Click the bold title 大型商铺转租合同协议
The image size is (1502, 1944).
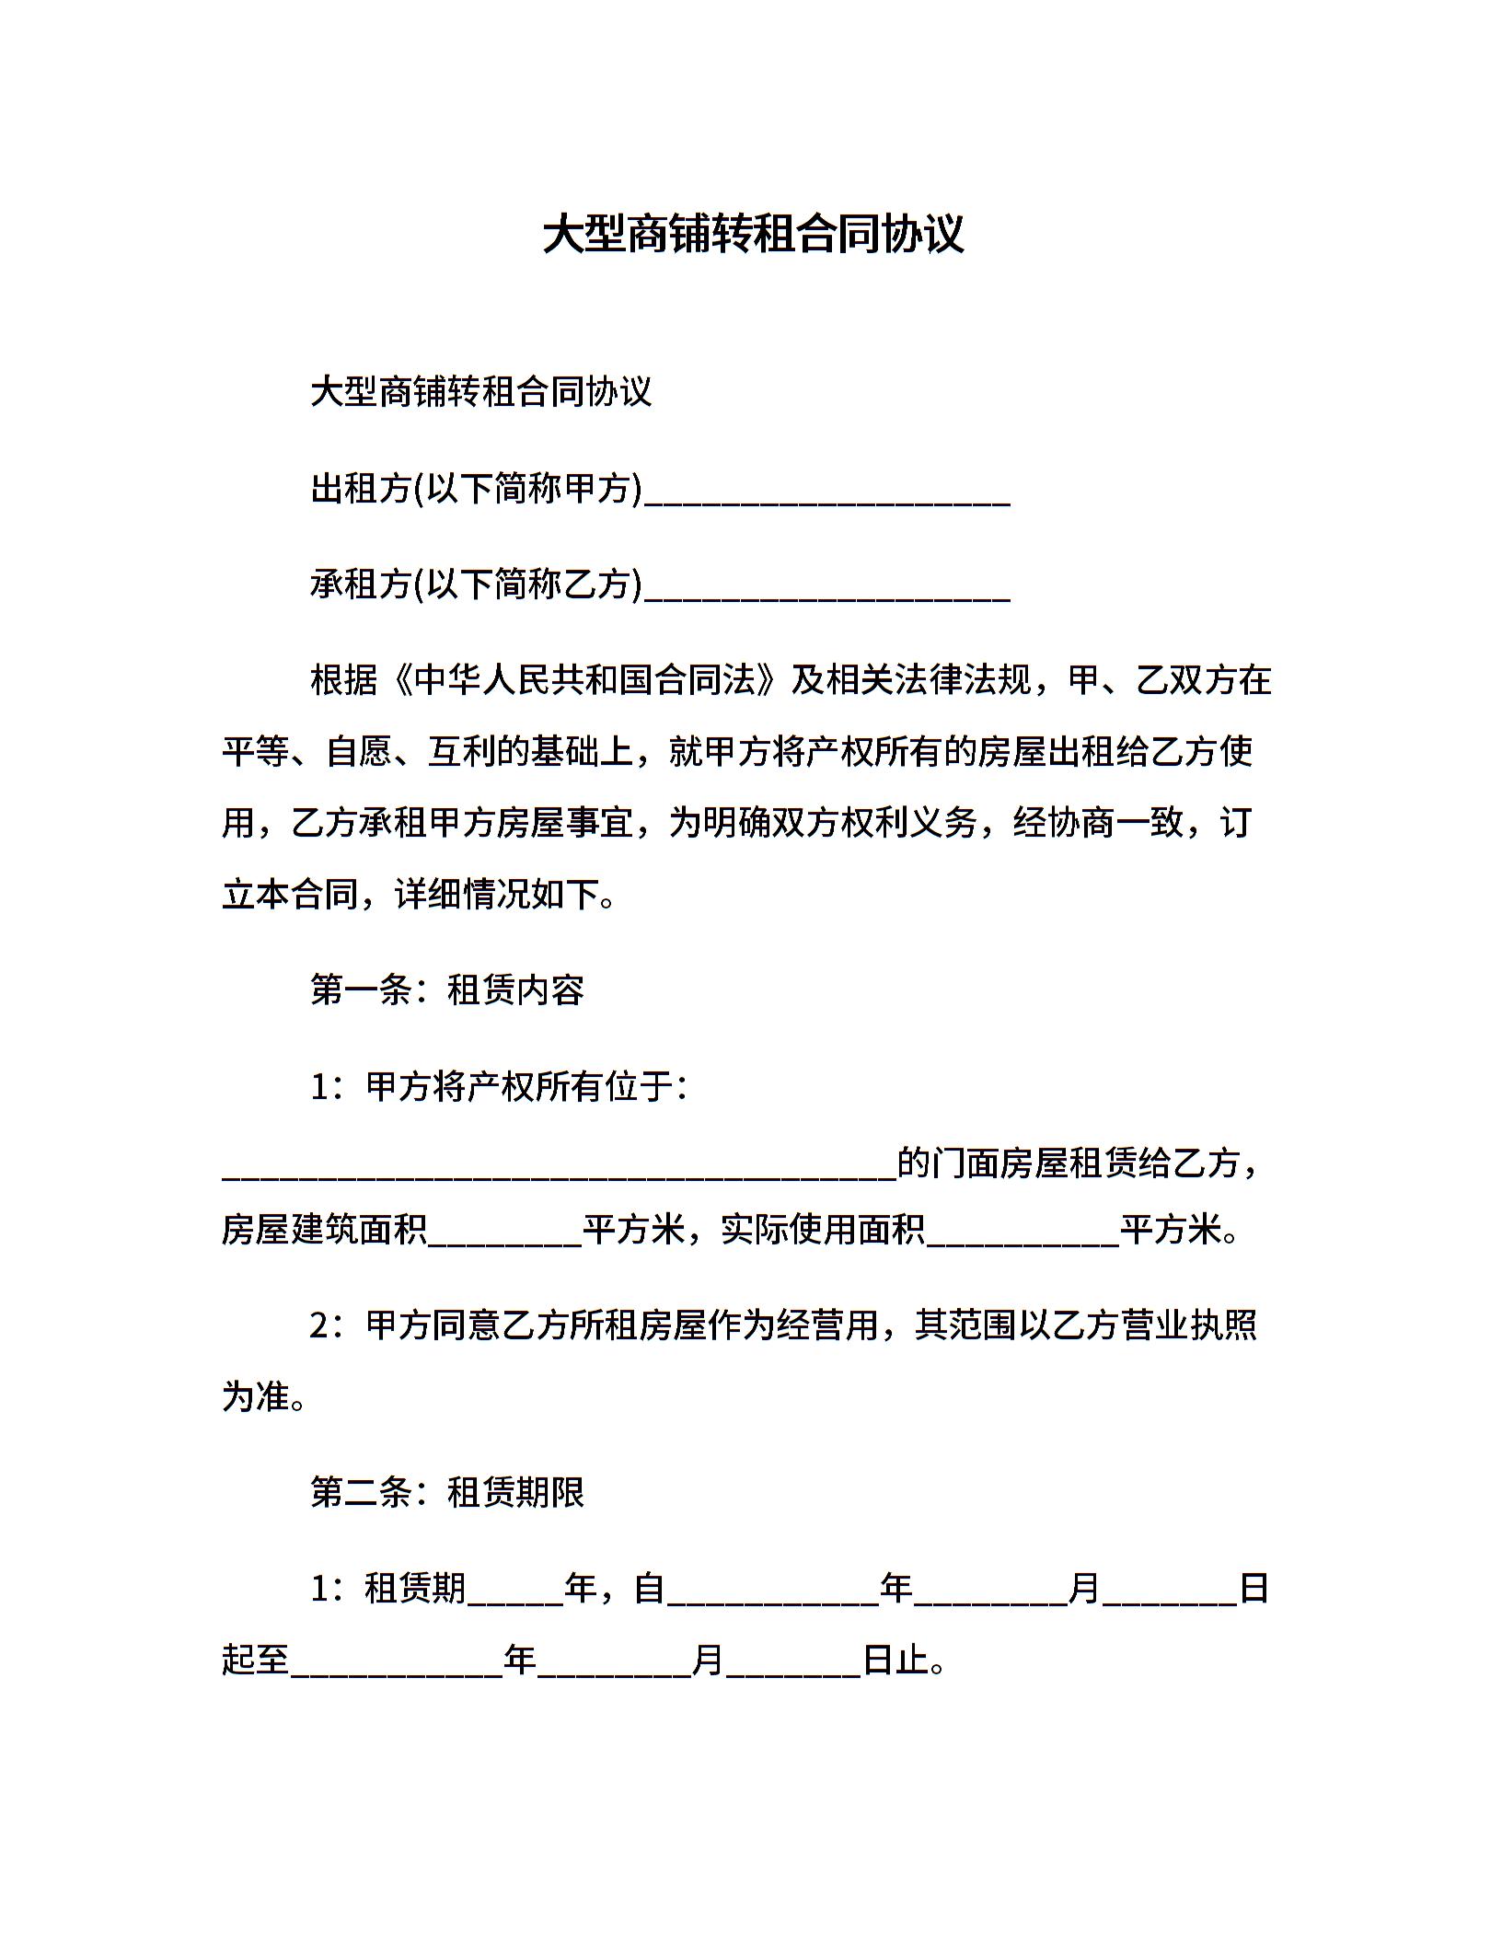point(752,235)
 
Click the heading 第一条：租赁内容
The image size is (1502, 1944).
point(447,991)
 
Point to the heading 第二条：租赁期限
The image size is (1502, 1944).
point(447,1493)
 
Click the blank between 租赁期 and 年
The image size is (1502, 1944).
point(515,1594)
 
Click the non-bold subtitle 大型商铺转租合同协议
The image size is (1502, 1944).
point(480,392)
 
